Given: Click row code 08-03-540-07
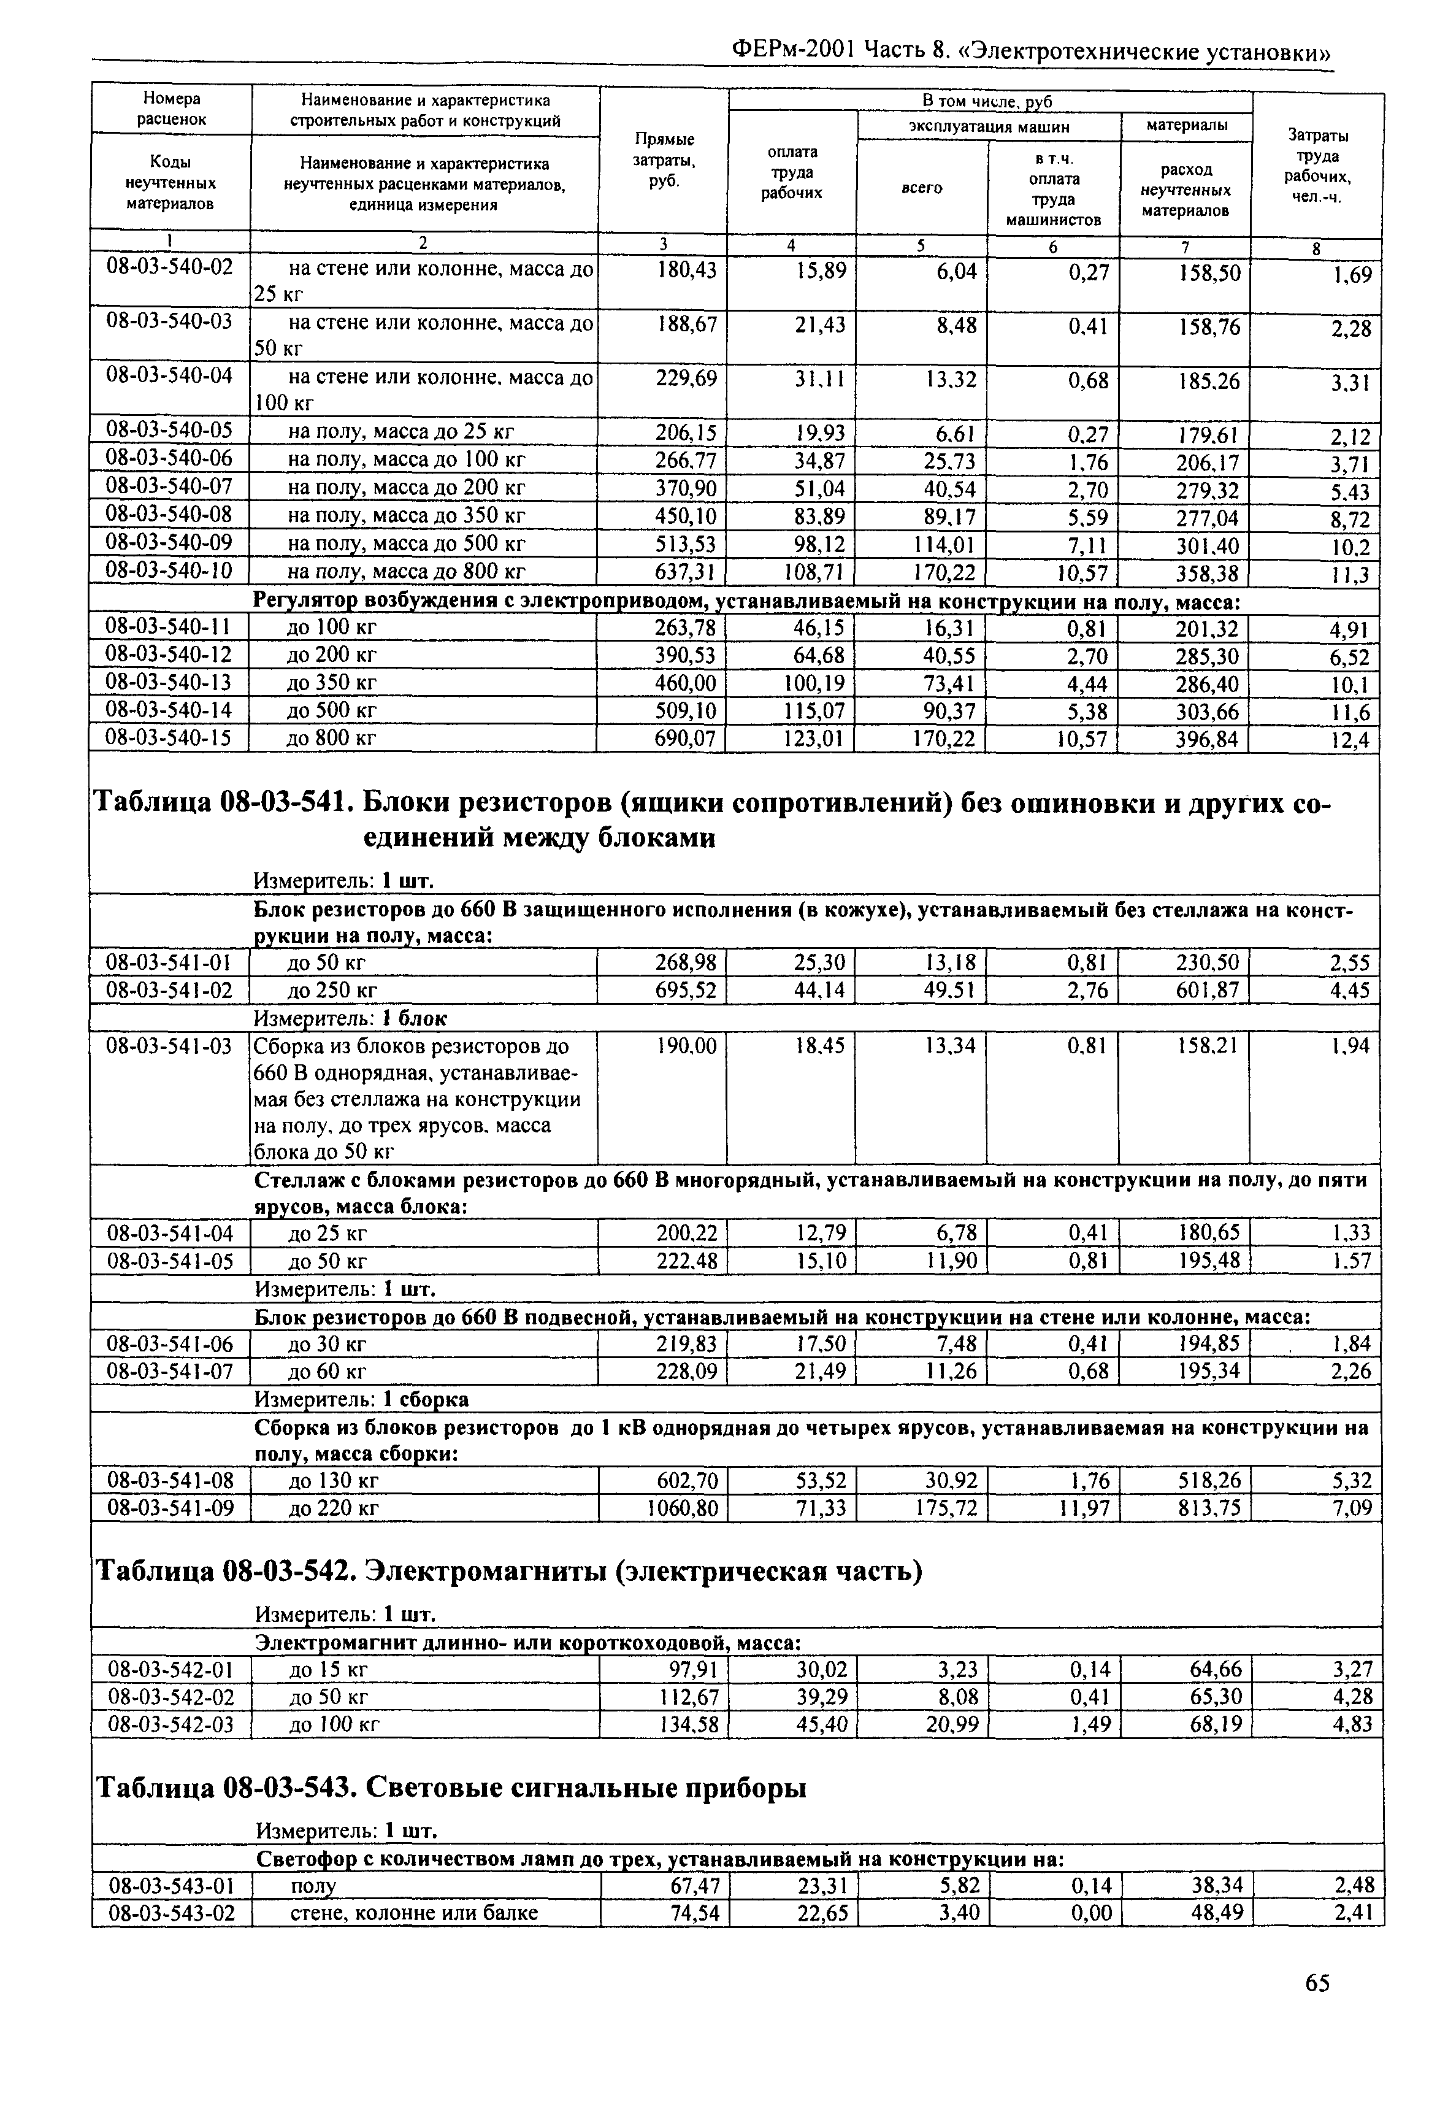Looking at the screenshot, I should tap(169, 488).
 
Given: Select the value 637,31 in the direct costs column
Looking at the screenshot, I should tap(686, 572).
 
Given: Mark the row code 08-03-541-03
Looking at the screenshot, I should tap(170, 1047).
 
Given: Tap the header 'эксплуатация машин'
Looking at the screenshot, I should tap(988, 126).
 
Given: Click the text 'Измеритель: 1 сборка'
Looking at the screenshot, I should tap(361, 1399).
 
